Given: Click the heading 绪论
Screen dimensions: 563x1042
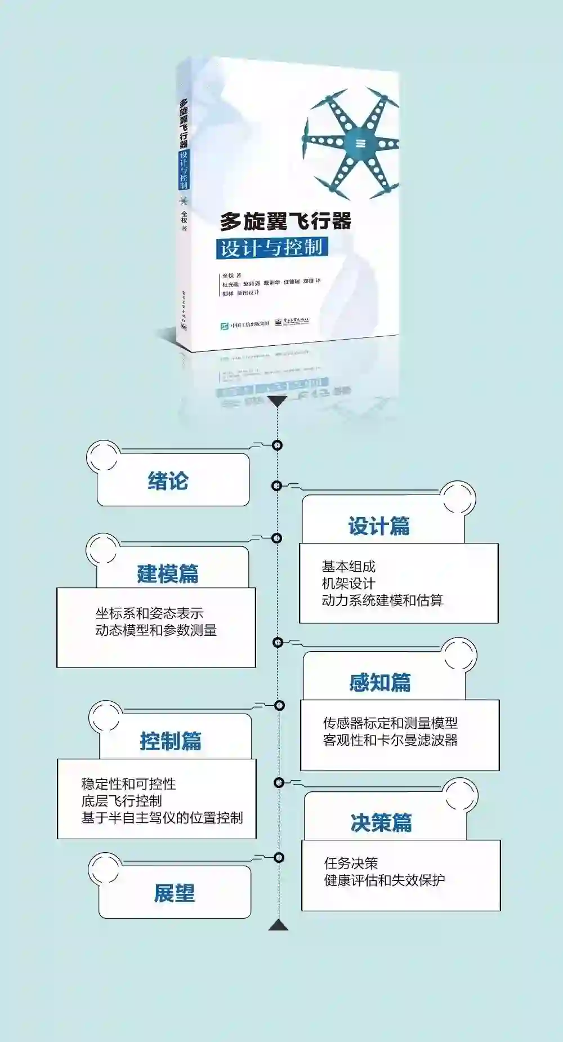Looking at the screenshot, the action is tap(168, 482).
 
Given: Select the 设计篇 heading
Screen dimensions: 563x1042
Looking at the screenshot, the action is tap(379, 526).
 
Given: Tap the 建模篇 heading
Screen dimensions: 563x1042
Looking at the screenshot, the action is tap(168, 574).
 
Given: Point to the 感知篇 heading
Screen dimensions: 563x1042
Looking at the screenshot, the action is tap(380, 683).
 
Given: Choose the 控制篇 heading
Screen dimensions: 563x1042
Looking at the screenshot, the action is tap(171, 741).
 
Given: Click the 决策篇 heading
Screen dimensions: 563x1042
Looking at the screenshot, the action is tap(381, 823).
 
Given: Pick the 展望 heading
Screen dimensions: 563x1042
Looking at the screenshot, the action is tap(175, 893).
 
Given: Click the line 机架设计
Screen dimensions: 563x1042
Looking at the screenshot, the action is tap(348, 584).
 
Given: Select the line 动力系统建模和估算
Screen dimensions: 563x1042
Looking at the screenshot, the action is tap(382, 600).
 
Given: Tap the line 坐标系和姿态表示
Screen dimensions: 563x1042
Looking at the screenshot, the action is tap(149, 613).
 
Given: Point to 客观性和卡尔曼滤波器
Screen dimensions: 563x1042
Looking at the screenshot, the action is tap(390, 740).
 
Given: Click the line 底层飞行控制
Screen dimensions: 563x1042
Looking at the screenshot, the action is tap(122, 801).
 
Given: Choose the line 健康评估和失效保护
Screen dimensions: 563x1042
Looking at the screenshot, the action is tap(385, 880).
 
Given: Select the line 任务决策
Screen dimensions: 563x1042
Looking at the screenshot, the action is tap(351, 863).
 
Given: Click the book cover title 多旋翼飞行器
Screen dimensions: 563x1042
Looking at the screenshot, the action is tap(285, 221).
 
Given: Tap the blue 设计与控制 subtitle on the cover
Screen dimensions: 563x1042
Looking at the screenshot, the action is tap(271, 247).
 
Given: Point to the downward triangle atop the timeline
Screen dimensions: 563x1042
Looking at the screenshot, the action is tap(277, 401).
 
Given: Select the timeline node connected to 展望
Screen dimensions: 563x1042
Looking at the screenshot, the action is tap(279, 857).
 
